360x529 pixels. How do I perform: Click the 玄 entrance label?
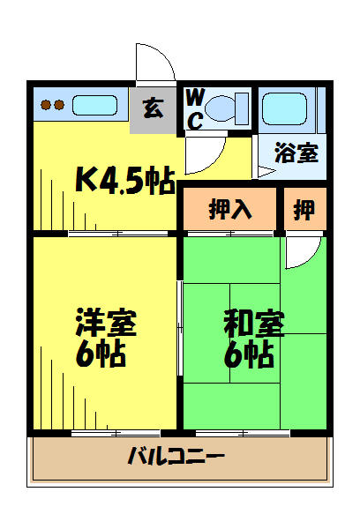154,108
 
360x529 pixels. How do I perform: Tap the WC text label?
195,109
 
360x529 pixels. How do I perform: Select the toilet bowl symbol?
227,108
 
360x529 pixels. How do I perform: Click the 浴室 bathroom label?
296,153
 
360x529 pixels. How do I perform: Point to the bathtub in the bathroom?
284,108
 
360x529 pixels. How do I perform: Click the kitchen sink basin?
95,105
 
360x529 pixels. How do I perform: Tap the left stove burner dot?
45,105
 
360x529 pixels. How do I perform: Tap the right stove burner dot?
59,105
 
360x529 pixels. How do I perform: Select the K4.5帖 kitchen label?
125,181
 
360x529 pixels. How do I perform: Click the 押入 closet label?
230,209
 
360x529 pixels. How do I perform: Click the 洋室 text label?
106,322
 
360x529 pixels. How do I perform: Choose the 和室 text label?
254,324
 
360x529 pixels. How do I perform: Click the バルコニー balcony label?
176,456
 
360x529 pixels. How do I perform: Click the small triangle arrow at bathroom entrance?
266,172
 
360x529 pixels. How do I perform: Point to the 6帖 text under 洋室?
101,354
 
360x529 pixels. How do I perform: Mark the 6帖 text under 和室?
249,354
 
